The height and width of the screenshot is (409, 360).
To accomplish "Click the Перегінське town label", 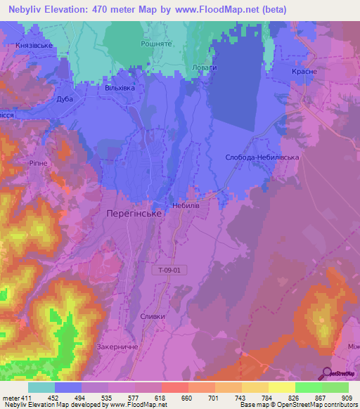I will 134,212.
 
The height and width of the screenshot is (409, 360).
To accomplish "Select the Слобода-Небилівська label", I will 262,157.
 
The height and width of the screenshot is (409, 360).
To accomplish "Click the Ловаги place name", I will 205,67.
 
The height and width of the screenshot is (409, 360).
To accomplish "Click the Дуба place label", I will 65,99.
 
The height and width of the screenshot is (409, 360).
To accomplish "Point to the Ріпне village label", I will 37,162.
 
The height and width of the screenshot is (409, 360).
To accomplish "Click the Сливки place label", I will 153,316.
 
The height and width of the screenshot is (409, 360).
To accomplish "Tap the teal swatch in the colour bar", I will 41,387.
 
